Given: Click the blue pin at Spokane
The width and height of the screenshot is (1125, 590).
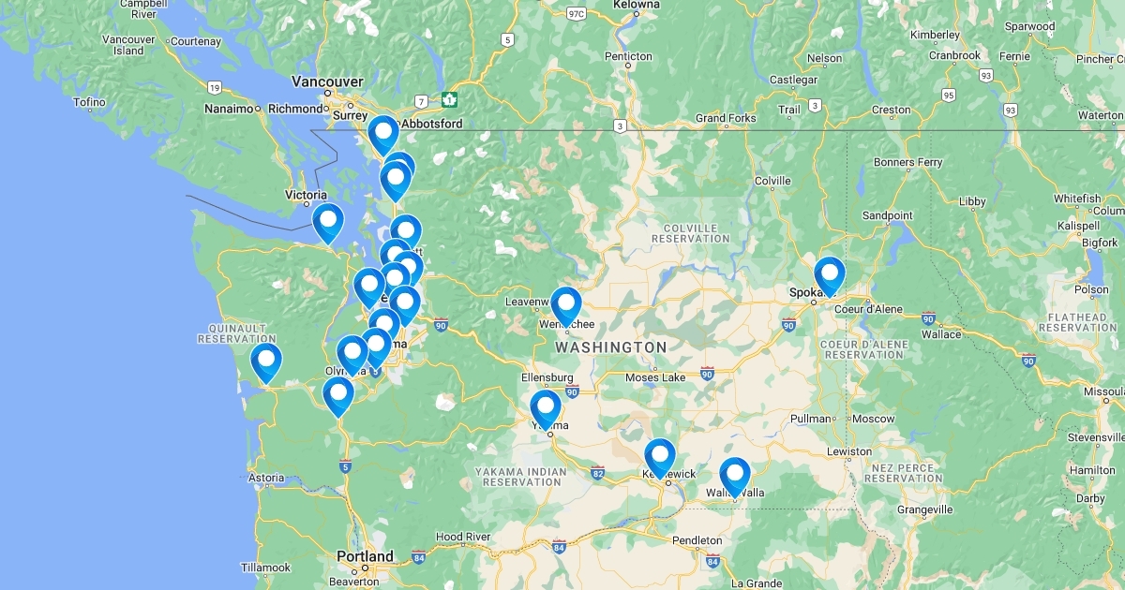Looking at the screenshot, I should coord(830,273).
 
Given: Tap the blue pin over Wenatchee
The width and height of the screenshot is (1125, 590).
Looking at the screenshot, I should coord(566,304).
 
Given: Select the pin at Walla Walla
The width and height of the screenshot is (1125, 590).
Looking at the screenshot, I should coord(735,474).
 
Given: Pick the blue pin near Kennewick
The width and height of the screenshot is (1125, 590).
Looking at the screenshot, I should coord(660,455).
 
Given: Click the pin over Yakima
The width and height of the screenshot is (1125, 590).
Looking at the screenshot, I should coord(546,407).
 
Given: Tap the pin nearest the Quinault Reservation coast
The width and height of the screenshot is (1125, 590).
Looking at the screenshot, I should coord(266,361).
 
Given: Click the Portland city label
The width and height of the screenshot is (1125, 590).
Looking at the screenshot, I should coord(366,556).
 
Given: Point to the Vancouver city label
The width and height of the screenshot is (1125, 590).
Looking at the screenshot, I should coord(326,81).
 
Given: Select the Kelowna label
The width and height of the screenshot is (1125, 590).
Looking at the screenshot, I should coord(636,5).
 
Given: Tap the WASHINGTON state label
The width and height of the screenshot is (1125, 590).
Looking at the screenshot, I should coord(610,347).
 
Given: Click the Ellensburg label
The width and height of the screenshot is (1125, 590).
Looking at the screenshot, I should coord(547,377).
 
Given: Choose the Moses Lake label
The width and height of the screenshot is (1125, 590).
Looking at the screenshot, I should coord(655,376).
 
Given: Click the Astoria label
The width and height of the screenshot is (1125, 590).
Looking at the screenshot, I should coord(265,478).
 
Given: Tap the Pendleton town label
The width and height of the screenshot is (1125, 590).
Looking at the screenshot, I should coord(697,540).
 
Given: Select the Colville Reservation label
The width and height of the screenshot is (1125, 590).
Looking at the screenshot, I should coord(696,233).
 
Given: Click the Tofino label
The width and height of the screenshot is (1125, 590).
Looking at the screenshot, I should coord(89,101).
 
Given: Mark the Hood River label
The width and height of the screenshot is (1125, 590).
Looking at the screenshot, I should coord(463,537).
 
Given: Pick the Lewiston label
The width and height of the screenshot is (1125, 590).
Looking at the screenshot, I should coord(849,451).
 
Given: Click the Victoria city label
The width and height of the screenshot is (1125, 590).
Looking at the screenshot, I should coord(306,196).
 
